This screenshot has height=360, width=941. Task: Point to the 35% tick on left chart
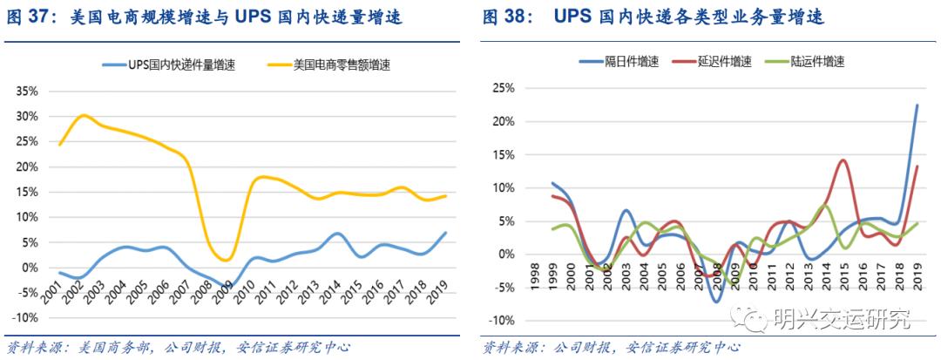tap(27, 91)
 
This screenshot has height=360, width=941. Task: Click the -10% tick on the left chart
tap(25, 318)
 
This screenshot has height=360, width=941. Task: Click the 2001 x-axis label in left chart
tap(52, 288)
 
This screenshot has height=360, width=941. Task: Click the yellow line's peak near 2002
tap(83, 115)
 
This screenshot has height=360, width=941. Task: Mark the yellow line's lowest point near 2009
tap(224, 260)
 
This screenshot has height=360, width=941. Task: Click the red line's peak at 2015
tap(843, 160)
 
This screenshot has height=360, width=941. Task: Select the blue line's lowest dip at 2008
tap(715, 302)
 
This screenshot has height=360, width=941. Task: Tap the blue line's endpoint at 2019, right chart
tap(917, 105)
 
